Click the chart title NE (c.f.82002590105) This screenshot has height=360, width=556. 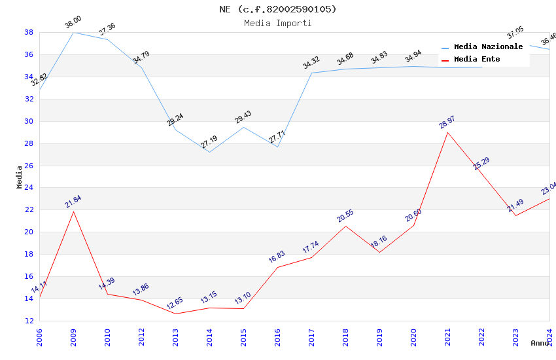pyautogui.click(x=278, y=9)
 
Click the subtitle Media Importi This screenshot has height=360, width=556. pyautogui.click(x=278, y=23)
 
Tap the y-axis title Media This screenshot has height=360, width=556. pyautogui.click(x=20, y=177)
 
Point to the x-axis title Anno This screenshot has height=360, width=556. pyautogui.click(x=540, y=343)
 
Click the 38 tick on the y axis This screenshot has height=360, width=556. pyautogui.click(x=29, y=32)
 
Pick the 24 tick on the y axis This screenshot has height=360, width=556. pyautogui.click(x=29, y=188)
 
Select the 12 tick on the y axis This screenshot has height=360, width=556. pyautogui.click(x=29, y=321)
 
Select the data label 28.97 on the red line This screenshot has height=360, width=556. pyautogui.click(x=447, y=122)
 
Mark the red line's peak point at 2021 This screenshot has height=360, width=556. pyautogui.click(x=447, y=132)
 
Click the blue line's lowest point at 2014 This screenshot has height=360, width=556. pyautogui.click(x=209, y=152)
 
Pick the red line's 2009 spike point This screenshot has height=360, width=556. pyautogui.click(x=73, y=211)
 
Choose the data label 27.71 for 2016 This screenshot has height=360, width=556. pyautogui.click(x=277, y=137)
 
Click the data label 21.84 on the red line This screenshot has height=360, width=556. pyautogui.click(x=73, y=202)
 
